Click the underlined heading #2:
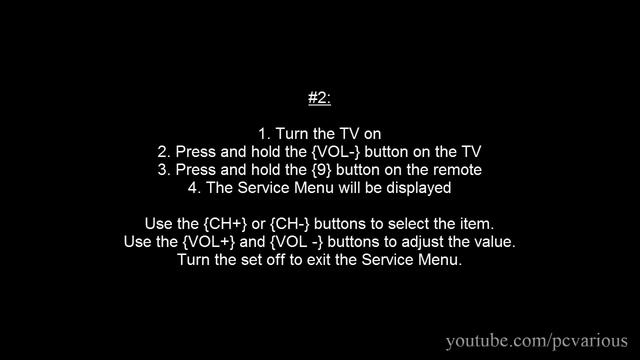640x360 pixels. point(319,98)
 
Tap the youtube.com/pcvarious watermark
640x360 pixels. point(535,341)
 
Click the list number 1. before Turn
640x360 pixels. point(264,133)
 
